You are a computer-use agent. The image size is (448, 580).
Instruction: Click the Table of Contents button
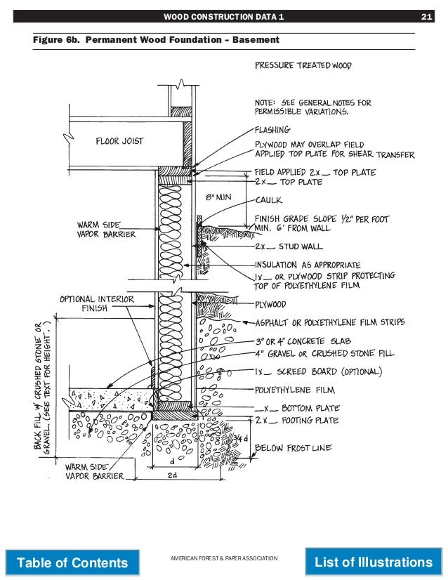point(72,562)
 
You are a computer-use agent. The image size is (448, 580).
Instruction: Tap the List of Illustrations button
point(374,562)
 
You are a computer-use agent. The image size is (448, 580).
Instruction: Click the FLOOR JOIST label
point(119,141)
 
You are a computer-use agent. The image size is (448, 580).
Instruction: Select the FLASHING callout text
point(272,130)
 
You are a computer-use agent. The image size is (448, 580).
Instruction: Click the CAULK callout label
point(268,199)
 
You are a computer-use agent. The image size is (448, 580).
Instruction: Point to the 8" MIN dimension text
point(218,197)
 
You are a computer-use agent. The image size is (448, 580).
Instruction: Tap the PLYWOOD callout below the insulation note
point(270,305)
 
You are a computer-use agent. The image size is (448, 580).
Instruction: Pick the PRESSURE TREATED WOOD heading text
point(303,65)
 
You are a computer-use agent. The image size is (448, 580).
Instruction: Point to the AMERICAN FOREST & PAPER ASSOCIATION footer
point(224,558)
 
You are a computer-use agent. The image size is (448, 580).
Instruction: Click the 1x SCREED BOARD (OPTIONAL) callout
point(318,371)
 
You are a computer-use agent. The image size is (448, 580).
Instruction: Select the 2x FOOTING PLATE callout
point(296,421)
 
